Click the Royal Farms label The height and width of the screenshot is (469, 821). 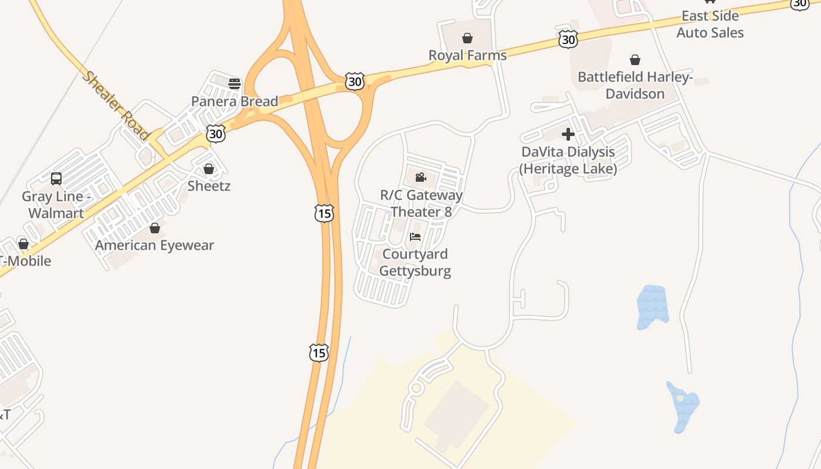pos(467,55)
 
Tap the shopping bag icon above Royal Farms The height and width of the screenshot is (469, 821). pos(467,39)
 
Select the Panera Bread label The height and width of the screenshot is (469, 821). pos(235,101)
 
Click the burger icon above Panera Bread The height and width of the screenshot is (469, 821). pos(235,84)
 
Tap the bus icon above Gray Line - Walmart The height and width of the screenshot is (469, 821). pos(56,179)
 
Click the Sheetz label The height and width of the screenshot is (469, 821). pos(209,186)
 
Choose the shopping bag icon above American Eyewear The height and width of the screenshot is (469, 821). pos(155,228)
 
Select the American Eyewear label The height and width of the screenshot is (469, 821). pos(155,245)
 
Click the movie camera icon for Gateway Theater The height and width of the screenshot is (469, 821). pos(420,177)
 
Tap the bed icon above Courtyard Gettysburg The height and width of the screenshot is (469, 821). pos(415,237)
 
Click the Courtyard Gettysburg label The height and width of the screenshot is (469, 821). pos(415,262)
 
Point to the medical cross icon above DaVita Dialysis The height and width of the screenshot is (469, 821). pos(568,135)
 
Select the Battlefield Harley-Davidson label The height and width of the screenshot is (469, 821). pos(635,85)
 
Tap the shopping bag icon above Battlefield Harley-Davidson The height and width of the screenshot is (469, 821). pos(635,60)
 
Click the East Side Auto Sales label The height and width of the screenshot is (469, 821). pos(710,24)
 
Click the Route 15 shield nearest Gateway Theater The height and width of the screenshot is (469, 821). pos(324,213)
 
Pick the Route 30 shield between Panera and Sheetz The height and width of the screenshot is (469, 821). pos(216,134)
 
